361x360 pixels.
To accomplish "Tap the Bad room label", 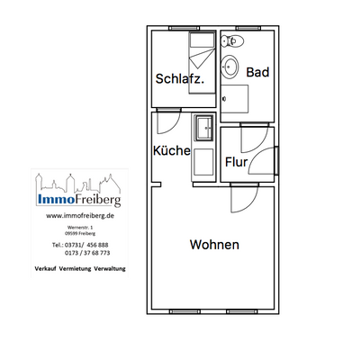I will [257, 72].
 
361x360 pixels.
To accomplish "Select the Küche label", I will [171, 150].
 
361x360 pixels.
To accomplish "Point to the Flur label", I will [237, 164].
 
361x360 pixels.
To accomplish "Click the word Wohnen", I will [213, 245].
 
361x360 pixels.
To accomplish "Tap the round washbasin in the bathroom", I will [231, 65].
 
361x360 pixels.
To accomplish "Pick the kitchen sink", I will [203, 129].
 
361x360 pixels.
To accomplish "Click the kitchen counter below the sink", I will [203, 162].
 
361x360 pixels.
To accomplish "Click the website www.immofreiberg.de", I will [78, 216].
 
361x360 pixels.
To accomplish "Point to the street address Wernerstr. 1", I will [78, 229].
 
